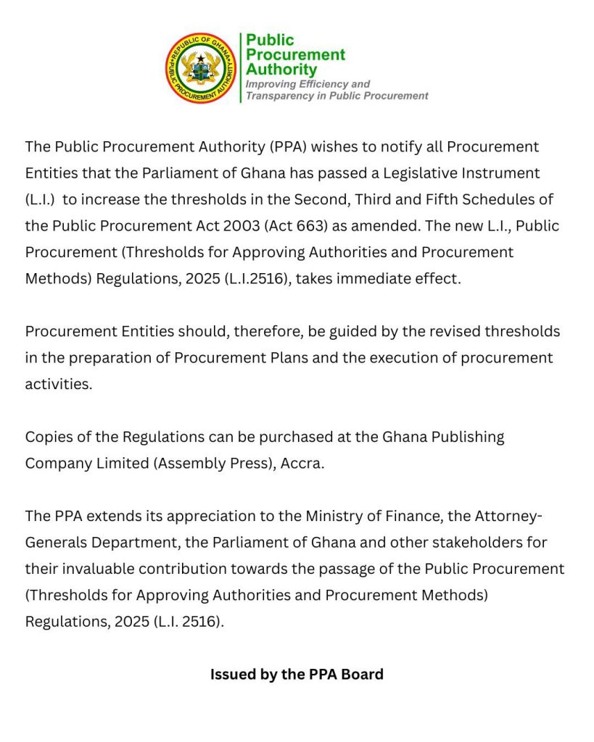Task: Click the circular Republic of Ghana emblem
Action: [201, 67]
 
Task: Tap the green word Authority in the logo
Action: [281, 70]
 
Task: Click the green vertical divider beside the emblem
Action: [240, 67]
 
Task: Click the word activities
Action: [58, 384]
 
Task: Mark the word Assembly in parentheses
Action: [189, 463]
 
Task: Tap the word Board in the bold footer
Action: [363, 674]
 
